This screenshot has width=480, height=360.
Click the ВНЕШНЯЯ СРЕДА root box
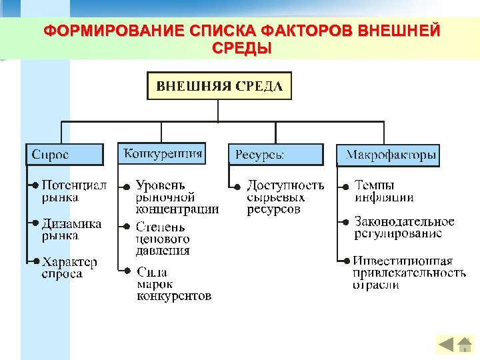pyautogui.click(x=219, y=86)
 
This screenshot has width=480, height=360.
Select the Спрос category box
pyautogui.click(x=65, y=155)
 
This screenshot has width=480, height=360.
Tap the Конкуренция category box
pyautogui.click(x=162, y=153)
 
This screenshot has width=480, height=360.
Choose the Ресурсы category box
pyautogui.click(x=275, y=155)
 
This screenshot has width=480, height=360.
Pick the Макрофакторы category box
pyautogui.click(x=388, y=155)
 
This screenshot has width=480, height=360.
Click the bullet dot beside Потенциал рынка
pyautogui.click(x=35, y=185)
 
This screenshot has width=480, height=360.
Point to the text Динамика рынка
pyautogui.click(x=71, y=229)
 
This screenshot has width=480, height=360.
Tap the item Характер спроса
pyautogui.click(x=69, y=267)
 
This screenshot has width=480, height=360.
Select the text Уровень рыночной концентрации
pyautogui.click(x=177, y=197)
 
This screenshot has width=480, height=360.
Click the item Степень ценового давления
pyautogui.click(x=163, y=239)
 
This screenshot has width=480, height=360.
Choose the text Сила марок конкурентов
pyautogui.click(x=173, y=283)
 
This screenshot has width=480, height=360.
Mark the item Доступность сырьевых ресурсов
pyautogui.click(x=285, y=197)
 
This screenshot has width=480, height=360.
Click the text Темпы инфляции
pyautogui.click(x=383, y=191)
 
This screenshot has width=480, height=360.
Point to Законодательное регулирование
pyautogui.click(x=404, y=227)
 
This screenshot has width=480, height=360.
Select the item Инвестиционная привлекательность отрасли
pyautogui.click(x=409, y=273)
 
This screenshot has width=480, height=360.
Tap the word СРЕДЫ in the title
pyautogui.click(x=241, y=48)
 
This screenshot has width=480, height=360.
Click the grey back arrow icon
pyautogui.click(x=446, y=344)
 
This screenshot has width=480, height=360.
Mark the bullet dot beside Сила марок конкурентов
pyautogui.click(x=128, y=270)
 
